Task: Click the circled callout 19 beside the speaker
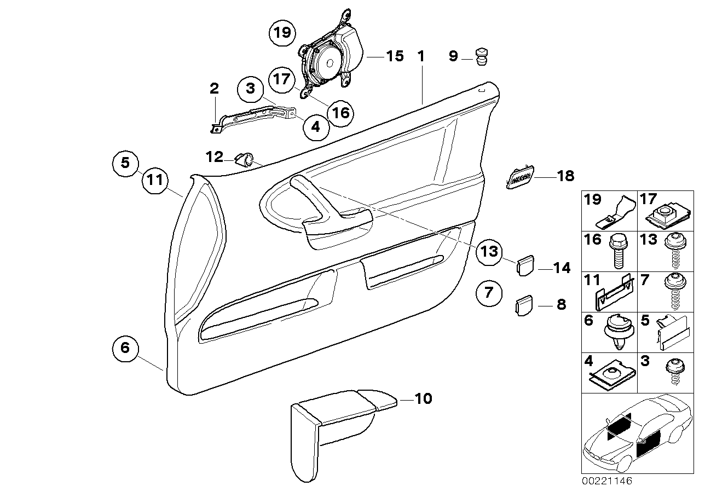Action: pyautogui.click(x=282, y=33)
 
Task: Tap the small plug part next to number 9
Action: pyautogui.click(x=481, y=56)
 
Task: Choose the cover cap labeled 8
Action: pyautogui.click(x=524, y=305)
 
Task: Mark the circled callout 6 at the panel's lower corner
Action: pyautogui.click(x=125, y=348)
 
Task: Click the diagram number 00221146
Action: pyautogui.click(x=607, y=482)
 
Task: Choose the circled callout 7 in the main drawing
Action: pyautogui.click(x=488, y=292)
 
